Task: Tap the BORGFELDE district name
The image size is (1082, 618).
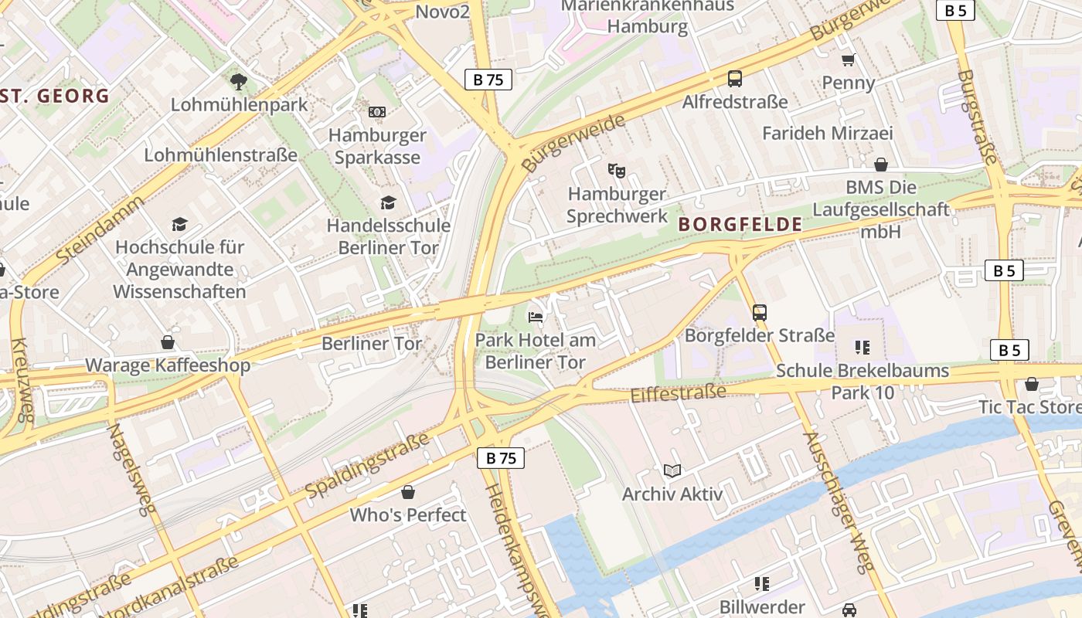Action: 740,225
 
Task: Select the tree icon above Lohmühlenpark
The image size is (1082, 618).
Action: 239,81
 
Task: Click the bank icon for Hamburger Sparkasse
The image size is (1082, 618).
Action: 377,112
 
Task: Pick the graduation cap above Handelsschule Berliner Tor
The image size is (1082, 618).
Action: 388,202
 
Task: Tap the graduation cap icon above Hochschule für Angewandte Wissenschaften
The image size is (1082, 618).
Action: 179,224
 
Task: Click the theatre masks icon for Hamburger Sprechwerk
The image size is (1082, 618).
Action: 616,170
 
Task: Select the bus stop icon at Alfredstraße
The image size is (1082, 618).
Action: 734,78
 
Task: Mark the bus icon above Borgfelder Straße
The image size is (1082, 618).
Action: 760,312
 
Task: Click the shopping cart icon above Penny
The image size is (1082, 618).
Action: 848,59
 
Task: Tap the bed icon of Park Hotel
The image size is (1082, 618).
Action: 535,317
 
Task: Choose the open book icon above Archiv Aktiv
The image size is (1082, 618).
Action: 672,470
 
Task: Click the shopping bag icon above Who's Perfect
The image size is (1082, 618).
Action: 408,492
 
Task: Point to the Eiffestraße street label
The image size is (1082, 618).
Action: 678,393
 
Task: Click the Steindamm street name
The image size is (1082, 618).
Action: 100,229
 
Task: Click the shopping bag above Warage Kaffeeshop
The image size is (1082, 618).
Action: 168,342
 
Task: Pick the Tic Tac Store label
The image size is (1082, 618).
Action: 1029,406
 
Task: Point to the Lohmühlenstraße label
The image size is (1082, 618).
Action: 220,155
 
